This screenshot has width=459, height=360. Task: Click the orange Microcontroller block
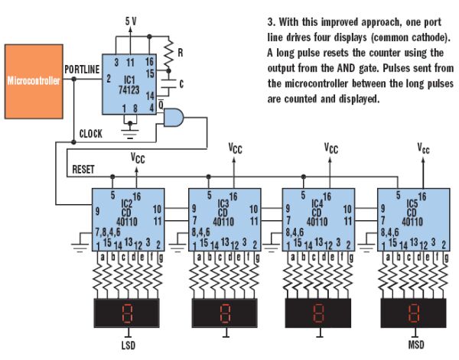34,81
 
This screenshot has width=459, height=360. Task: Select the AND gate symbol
174,118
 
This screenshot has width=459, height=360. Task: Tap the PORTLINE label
82,70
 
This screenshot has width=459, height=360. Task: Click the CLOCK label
91,134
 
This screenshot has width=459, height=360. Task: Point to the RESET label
83,170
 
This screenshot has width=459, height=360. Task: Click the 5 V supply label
131,21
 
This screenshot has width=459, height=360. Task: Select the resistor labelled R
168,54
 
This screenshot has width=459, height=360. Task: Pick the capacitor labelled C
168,83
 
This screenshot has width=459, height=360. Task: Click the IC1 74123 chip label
129,85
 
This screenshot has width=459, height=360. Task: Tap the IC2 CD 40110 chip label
127,212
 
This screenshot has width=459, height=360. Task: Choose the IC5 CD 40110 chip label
412,212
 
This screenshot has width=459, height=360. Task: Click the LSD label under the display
129,345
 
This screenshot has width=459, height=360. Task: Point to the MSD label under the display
416,345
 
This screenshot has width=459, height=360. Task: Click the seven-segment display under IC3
224,313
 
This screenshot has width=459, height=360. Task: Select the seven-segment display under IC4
318,313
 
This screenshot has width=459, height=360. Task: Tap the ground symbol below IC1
130,131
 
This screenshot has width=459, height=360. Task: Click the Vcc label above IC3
235,148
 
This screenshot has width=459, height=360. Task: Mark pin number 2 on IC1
109,79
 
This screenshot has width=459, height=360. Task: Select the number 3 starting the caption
271,22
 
